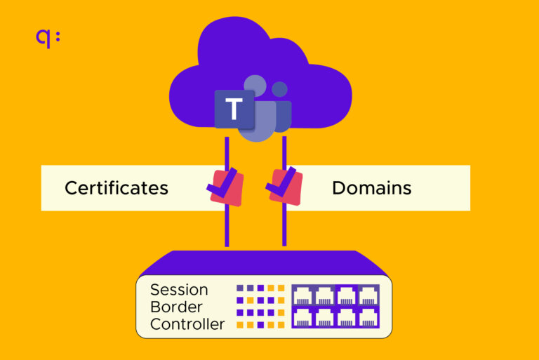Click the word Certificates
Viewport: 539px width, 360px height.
coord(117,188)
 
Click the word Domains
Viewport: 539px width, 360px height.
coord(371,188)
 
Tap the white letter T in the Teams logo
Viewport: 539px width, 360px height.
coord(234,109)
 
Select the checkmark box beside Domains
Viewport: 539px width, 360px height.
coord(285,186)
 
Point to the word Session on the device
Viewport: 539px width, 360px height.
coord(179,290)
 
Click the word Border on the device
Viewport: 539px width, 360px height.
coord(176,307)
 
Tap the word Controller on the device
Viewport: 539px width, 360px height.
coord(187,324)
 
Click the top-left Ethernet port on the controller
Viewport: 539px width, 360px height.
coord(302,295)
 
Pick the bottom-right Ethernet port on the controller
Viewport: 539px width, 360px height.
coord(368,317)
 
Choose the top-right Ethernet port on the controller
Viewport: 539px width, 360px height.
coord(368,295)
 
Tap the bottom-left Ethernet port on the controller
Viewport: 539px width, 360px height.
coord(302,317)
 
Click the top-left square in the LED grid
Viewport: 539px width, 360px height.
coord(240,288)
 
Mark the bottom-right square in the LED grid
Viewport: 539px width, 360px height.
coord(281,325)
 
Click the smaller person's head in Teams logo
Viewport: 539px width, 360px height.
coord(280,90)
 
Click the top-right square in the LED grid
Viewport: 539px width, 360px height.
coord(281,288)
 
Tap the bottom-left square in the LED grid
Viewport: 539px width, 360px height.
coord(240,325)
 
